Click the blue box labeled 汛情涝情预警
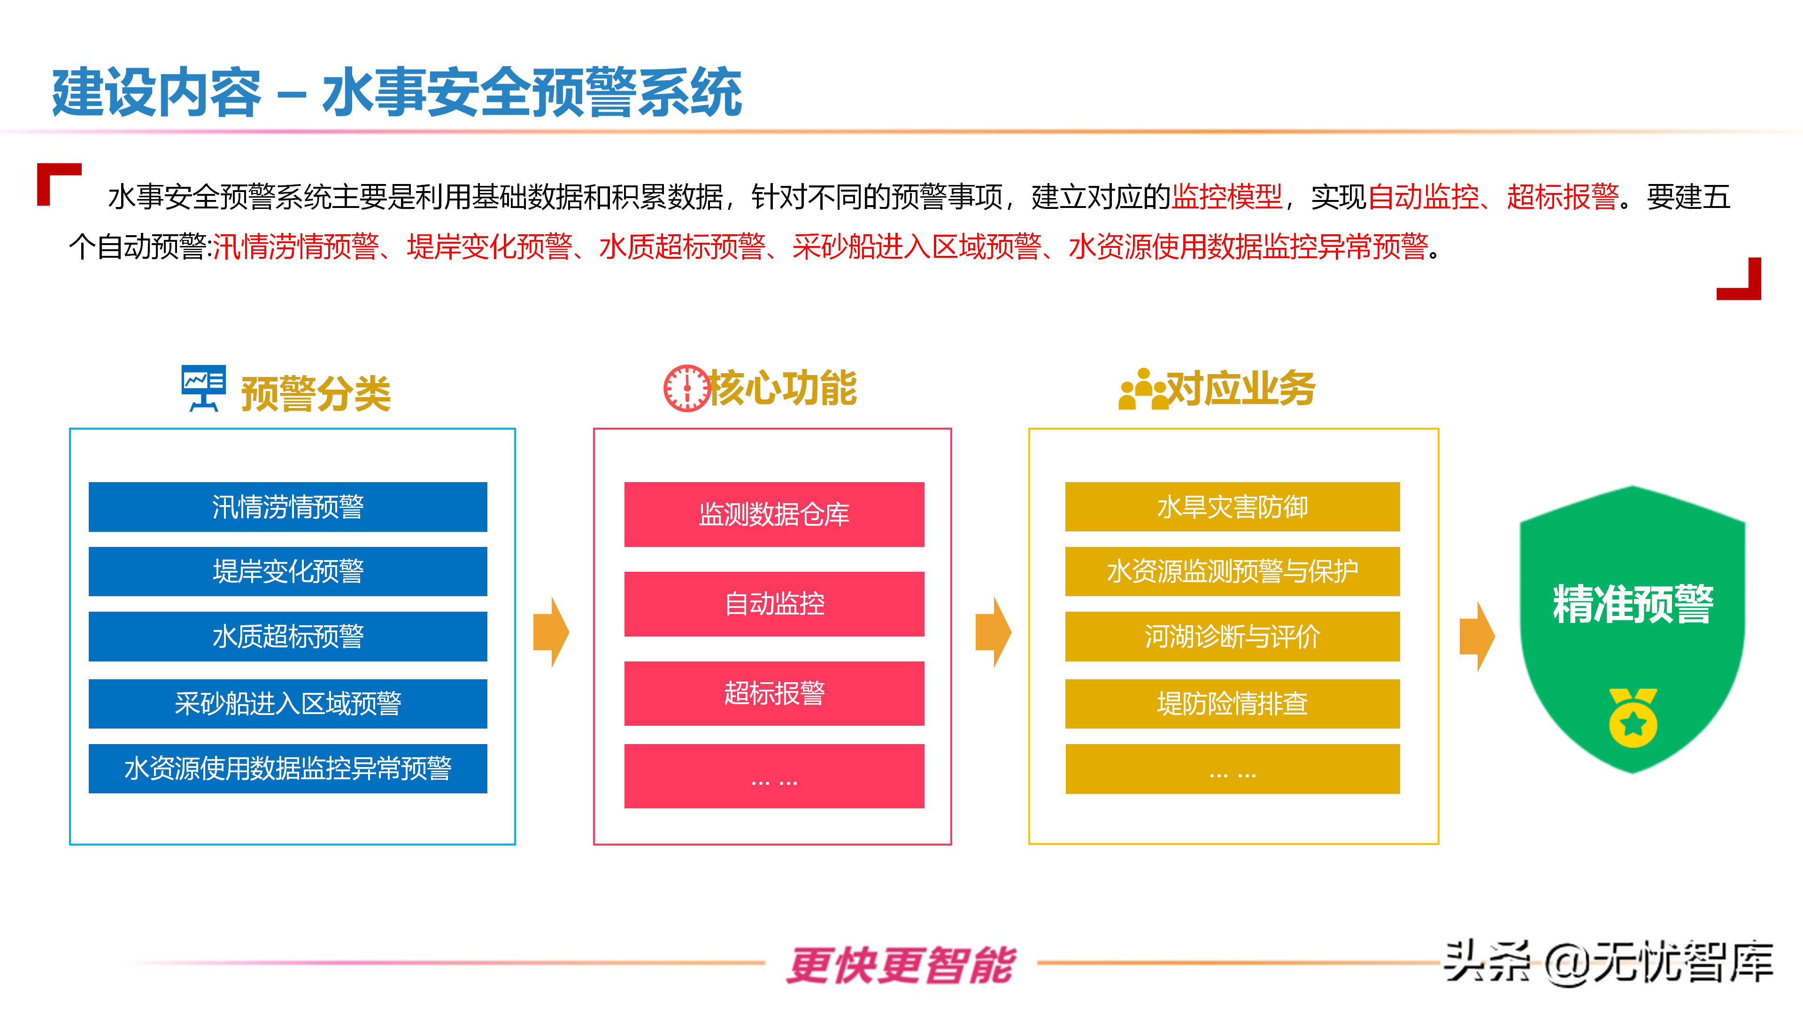coord(288,507)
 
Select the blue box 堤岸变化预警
coord(288,571)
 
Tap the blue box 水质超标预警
coord(288,636)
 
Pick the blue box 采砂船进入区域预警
coord(288,703)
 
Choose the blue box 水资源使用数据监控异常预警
coord(288,768)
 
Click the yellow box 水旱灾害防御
coord(1232,507)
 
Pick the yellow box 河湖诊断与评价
coord(1232,636)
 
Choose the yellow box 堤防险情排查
coord(1232,703)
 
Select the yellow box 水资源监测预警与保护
coord(1232,571)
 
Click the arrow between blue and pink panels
coord(551,632)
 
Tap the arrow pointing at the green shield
coord(1476,636)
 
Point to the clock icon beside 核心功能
coord(686,388)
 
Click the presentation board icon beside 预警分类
coord(203,387)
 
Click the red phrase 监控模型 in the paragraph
coord(1226,197)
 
